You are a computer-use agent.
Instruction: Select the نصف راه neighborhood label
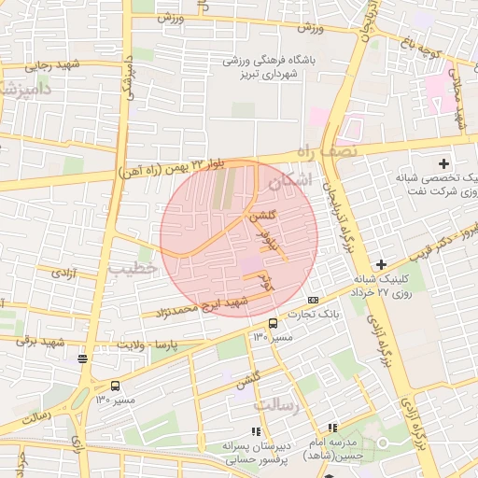[326, 150]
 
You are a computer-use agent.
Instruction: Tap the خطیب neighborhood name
[135, 270]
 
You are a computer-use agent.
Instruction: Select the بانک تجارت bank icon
[313, 300]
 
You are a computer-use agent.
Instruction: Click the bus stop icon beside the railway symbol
[115, 386]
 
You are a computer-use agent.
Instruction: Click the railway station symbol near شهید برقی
[83, 358]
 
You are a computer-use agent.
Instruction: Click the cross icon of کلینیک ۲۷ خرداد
[380, 264]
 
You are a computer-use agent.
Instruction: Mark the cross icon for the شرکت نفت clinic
[443, 164]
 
